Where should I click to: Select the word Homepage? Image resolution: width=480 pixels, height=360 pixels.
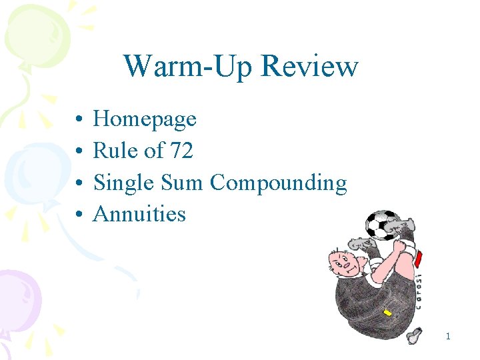click(145, 120)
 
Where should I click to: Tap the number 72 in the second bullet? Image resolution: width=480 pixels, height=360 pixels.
click(181, 151)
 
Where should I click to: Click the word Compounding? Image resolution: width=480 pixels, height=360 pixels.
click(279, 183)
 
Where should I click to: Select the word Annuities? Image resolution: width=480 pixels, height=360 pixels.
click(139, 214)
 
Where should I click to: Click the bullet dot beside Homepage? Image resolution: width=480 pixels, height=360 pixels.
click(79, 120)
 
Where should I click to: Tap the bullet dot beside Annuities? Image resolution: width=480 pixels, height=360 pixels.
click(79, 215)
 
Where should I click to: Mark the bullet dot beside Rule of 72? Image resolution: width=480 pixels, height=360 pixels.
click(79, 152)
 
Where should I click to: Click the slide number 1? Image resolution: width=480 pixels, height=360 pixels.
click(448, 337)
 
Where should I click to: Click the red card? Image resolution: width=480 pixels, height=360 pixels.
click(418, 257)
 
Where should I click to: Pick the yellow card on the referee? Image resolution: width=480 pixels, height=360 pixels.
click(387, 313)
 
